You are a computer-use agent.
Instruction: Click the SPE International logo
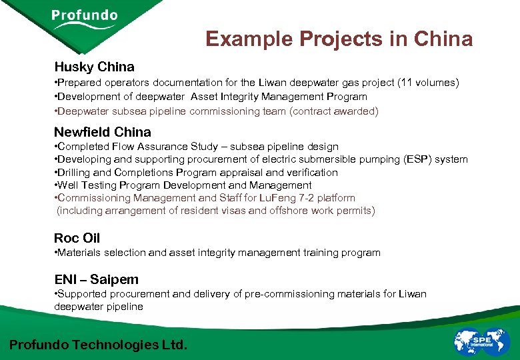pos(481,341)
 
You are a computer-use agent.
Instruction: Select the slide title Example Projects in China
pos(339,39)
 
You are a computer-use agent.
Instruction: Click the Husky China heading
pos(94,67)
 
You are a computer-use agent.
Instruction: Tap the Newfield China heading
pos(102,131)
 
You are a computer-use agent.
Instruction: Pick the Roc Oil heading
pos(77,238)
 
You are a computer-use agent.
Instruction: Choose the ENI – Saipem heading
pos(96,279)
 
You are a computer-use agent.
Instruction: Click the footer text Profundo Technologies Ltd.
pos(98,345)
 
